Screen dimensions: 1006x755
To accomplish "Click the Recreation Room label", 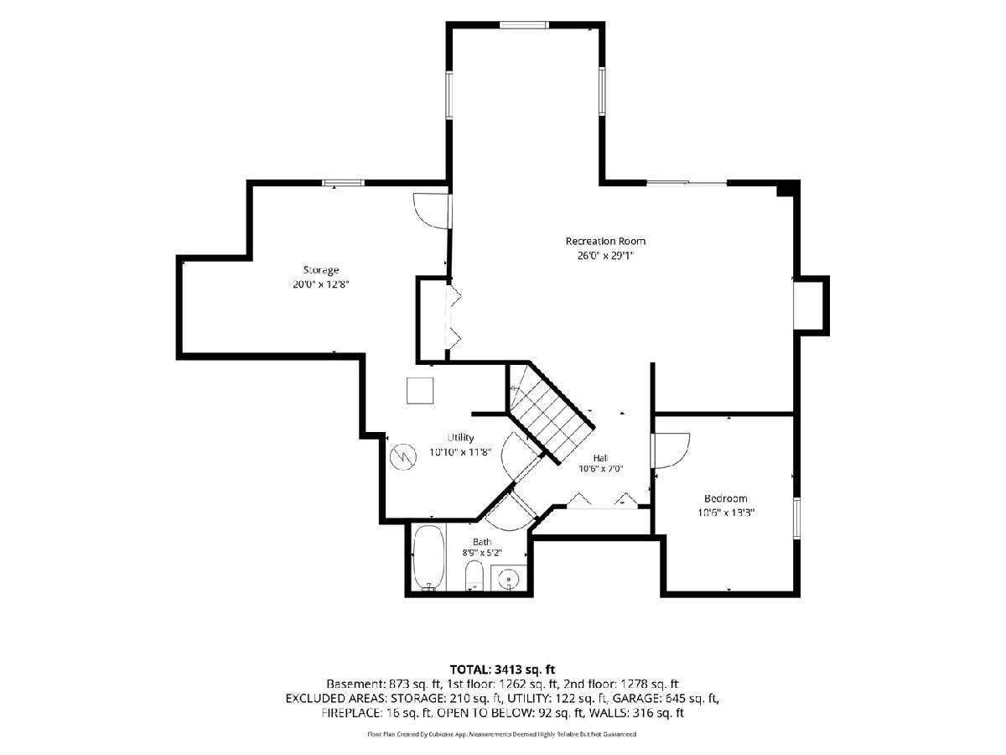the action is [x=605, y=241].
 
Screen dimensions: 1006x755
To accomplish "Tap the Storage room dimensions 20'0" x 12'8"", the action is [x=321, y=284].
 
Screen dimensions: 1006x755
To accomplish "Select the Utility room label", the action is [x=460, y=437].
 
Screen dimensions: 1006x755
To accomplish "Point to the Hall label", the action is [x=600, y=458].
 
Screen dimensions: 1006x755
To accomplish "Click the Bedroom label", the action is [x=725, y=498].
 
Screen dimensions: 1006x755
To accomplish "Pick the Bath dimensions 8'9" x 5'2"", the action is [x=482, y=554].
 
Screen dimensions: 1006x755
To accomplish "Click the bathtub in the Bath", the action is [x=428, y=558].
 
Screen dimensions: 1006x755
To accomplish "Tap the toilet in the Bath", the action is [x=474, y=575].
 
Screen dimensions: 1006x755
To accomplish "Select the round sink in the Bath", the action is [x=508, y=580].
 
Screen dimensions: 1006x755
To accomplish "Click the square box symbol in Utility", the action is [x=420, y=391].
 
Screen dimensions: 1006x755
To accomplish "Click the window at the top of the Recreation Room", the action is [x=524, y=25].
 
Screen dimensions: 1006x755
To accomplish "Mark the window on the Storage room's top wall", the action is [x=343, y=183].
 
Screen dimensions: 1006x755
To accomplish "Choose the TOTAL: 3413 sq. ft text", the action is [x=502, y=669].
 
